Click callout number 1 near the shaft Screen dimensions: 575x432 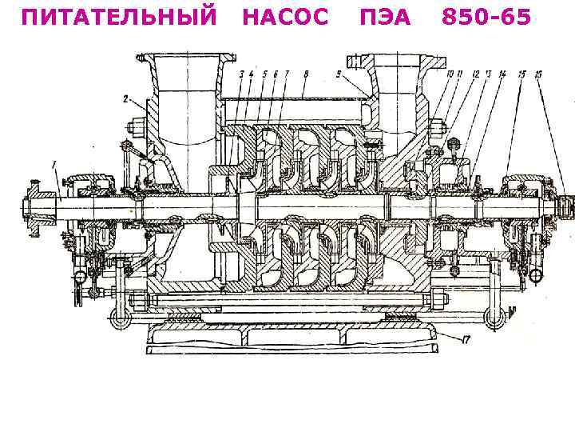(54, 166)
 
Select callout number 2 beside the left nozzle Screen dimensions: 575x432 (125, 99)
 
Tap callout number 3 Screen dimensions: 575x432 (241, 74)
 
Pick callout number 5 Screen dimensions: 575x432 (264, 74)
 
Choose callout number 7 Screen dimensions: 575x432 (285, 74)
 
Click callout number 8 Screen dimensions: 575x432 (306, 74)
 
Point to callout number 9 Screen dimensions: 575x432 (339, 74)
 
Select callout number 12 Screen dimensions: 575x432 (475, 74)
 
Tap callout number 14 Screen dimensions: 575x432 (502, 74)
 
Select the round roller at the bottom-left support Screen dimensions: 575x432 (121, 319)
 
